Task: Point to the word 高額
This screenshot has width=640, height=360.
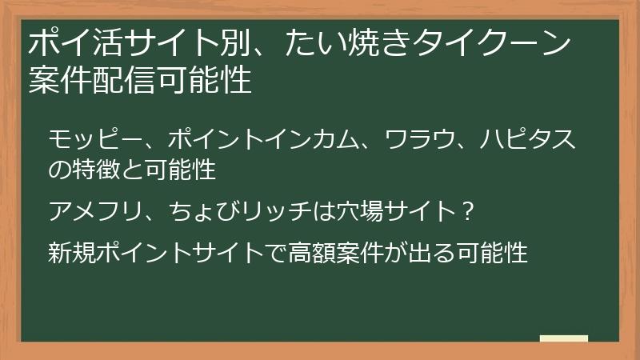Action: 319,254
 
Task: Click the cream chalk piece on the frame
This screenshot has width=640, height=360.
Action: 564,339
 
